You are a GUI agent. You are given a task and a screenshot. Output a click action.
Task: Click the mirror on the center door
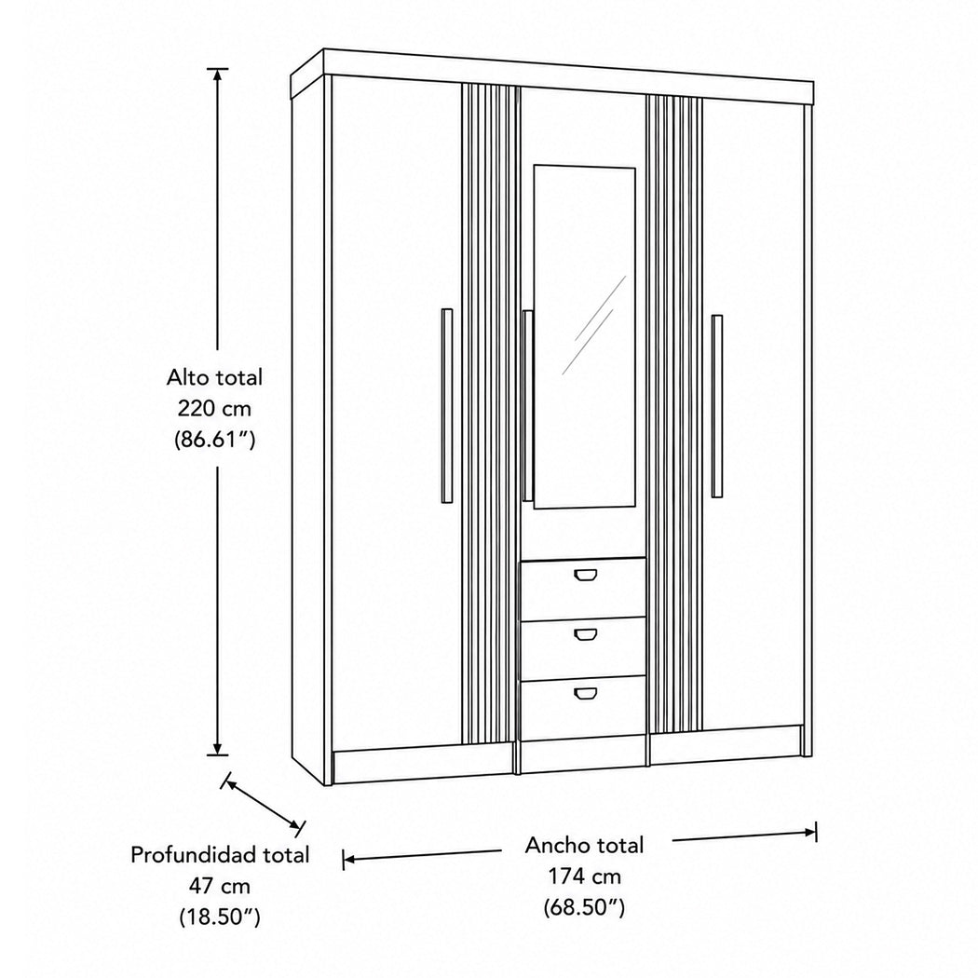tap(584, 337)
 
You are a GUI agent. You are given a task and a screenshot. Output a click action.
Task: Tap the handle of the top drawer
tap(585, 575)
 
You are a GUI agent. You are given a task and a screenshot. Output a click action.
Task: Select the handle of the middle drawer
tap(585, 634)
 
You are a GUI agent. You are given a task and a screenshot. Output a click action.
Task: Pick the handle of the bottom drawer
tap(585, 694)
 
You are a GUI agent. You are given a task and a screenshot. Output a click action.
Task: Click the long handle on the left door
tap(446, 405)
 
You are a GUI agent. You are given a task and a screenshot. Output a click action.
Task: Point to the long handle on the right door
tap(717, 406)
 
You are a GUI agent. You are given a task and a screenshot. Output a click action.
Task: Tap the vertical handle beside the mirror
tap(528, 405)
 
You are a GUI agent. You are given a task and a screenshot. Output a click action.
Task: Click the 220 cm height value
tap(214, 409)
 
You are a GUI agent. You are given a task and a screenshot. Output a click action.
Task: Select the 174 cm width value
tap(584, 876)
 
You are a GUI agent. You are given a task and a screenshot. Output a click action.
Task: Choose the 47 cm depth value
tap(219, 886)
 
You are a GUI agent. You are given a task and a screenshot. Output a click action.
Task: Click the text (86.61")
tap(214, 440)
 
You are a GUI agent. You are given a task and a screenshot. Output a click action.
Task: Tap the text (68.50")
tap(584, 907)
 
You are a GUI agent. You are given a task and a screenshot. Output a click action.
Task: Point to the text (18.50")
tap(220, 917)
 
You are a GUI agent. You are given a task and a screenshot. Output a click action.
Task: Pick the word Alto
tap(188, 377)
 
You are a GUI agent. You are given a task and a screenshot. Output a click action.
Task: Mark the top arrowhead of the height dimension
tap(217, 74)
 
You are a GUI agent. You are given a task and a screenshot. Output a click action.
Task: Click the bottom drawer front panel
tap(582, 708)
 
